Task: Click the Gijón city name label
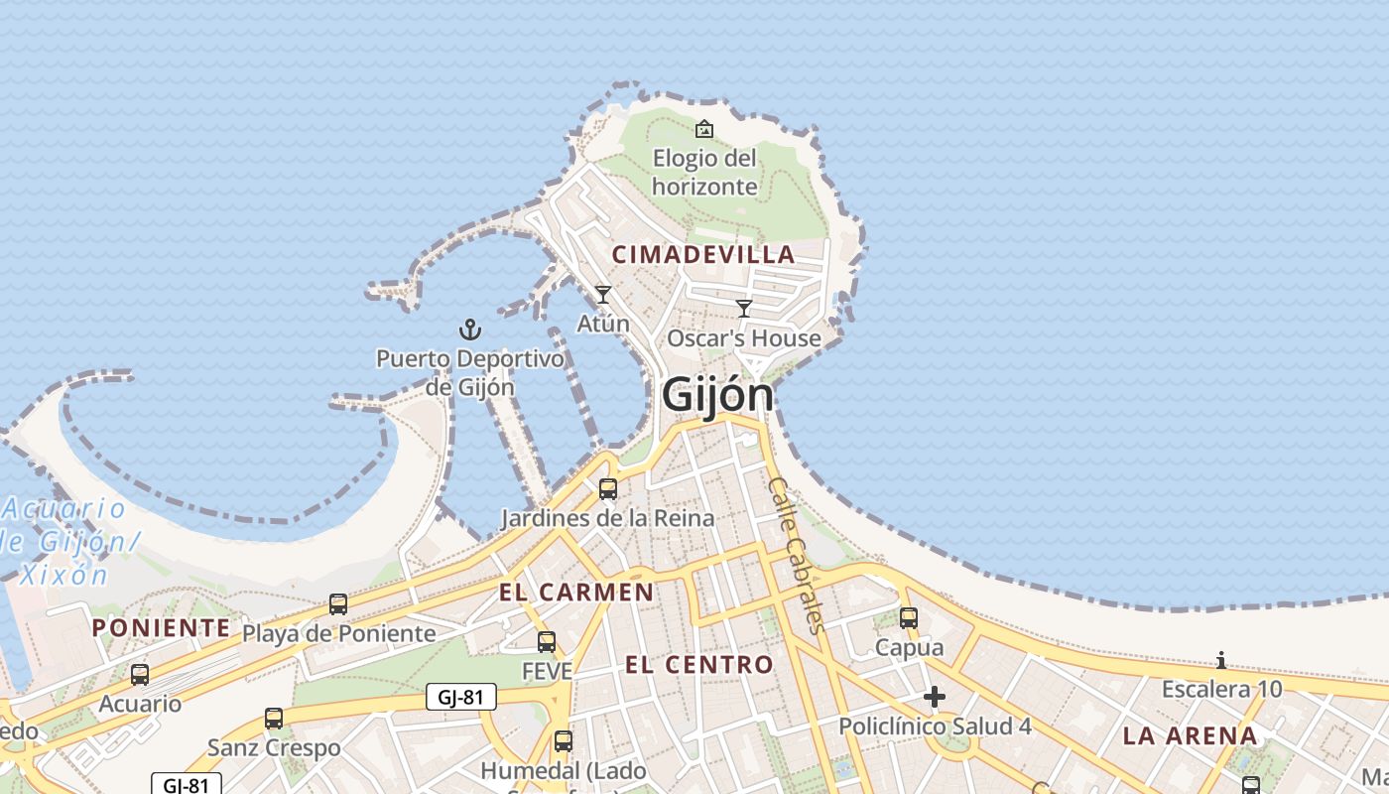coord(717,394)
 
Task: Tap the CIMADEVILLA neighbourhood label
coord(702,255)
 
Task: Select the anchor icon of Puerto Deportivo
coord(469,330)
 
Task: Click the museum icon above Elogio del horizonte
coord(704,129)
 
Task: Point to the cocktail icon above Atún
coord(602,295)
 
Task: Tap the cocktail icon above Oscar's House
coord(744,309)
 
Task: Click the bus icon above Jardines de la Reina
coord(607,488)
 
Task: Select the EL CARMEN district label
coord(576,593)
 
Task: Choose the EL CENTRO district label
coord(699,664)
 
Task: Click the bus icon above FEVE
coord(547,641)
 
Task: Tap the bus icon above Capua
coord(909,618)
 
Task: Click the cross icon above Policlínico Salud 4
coord(934,698)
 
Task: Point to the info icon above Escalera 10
coord(1221,660)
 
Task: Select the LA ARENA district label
coord(1191,736)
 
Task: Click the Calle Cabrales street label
coord(797,554)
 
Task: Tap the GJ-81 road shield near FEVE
coord(461,697)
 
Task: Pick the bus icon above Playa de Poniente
coord(338,603)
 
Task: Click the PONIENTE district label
coord(161,627)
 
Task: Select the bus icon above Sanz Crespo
coord(274,718)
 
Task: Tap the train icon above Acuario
coord(140,675)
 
